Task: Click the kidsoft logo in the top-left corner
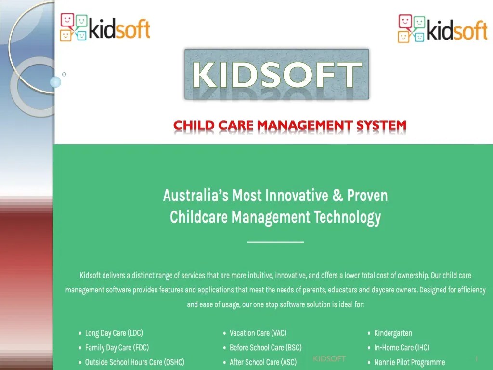tap(105, 27)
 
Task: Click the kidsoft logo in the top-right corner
tap(442, 28)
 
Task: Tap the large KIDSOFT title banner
tap(277, 75)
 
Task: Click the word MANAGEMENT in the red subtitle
tap(305, 126)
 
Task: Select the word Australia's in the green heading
tap(195, 196)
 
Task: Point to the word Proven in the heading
tap(367, 196)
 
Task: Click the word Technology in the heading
tap(347, 217)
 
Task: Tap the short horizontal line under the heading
tap(275, 242)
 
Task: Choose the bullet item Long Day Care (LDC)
tap(114, 333)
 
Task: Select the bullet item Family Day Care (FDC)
tap(115, 347)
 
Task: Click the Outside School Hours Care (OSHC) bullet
tap(134, 362)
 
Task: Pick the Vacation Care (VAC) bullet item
tap(258, 333)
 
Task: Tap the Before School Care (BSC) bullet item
tap(265, 347)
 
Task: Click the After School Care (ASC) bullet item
tap(263, 362)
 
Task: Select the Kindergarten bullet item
tap(393, 333)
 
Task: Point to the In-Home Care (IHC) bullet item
tap(402, 347)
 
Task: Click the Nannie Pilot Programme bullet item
tap(409, 362)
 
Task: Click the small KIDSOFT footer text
tap(329, 358)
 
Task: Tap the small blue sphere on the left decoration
tap(56, 82)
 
